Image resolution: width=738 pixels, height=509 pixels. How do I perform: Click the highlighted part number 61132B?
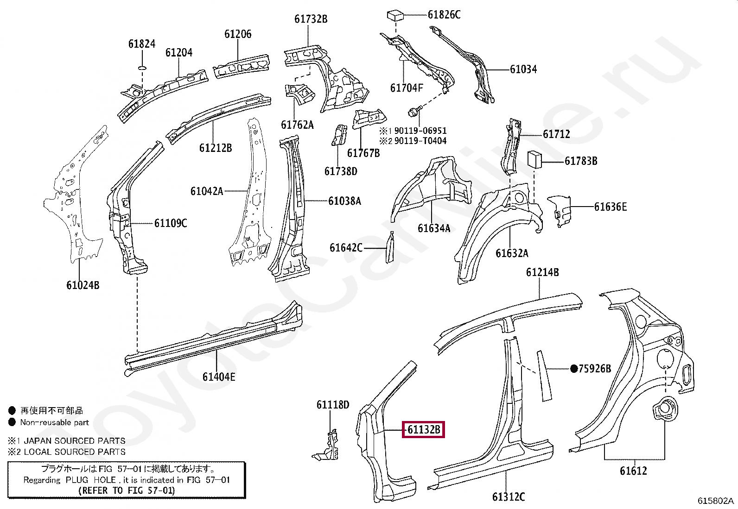tap(424, 430)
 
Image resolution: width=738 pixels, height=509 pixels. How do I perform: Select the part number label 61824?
tap(142, 44)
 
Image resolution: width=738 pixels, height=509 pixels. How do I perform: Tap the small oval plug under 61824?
tap(142, 68)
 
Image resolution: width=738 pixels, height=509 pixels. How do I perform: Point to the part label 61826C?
tap(444, 15)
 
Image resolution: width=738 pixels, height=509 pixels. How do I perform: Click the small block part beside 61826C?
tap(395, 15)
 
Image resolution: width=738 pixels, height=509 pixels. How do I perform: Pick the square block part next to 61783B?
tap(535, 160)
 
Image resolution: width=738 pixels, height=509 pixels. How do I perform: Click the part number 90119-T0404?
tap(420, 141)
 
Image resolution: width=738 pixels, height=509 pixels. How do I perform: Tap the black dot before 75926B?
tap(574, 369)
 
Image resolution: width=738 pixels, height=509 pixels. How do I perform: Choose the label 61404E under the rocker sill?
tap(218, 377)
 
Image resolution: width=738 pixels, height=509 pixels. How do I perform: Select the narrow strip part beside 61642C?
tap(389, 247)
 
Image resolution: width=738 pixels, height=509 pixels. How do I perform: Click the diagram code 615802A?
tap(716, 501)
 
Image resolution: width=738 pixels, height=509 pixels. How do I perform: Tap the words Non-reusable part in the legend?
tap(54, 422)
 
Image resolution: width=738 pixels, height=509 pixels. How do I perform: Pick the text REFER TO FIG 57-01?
tap(127, 490)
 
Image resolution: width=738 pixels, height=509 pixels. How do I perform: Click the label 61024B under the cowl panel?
tap(83, 285)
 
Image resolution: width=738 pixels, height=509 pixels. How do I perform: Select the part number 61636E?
tap(610, 207)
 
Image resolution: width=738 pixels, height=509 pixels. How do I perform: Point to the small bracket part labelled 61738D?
tap(340, 135)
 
